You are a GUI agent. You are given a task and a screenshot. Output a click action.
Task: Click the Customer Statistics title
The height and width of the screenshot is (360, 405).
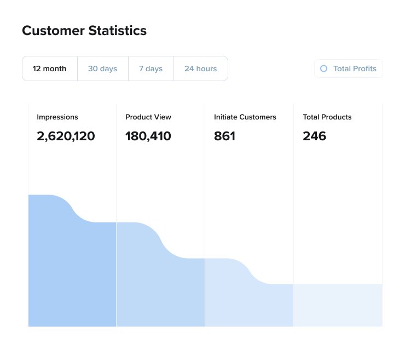[84, 31]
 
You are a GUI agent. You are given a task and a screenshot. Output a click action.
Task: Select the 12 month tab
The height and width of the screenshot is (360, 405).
[50, 68]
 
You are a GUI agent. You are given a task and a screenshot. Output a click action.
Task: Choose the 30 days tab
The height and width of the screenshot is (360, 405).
[102, 68]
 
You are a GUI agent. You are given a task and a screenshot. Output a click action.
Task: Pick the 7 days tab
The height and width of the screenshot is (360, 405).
[151, 68]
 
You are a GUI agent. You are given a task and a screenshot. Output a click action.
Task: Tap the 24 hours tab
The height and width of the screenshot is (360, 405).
[200, 68]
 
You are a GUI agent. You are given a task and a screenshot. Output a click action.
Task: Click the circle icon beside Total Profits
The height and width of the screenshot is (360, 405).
[323, 68]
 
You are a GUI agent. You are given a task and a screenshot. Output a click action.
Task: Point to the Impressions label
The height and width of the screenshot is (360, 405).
[57, 117]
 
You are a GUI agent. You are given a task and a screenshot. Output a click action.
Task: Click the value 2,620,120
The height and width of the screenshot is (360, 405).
[66, 136]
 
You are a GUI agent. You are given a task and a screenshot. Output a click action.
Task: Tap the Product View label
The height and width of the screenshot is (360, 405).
[148, 117]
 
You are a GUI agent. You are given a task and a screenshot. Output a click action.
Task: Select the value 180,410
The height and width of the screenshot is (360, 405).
[148, 136]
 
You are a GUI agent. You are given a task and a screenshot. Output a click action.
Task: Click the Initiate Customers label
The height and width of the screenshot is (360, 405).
[245, 117]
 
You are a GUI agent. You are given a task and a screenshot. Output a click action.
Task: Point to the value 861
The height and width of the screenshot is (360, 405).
[224, 136]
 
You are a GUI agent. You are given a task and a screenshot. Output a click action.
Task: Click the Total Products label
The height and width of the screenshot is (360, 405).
[327, 117]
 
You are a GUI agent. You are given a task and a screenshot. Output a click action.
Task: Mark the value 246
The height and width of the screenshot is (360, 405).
[314, 136]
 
